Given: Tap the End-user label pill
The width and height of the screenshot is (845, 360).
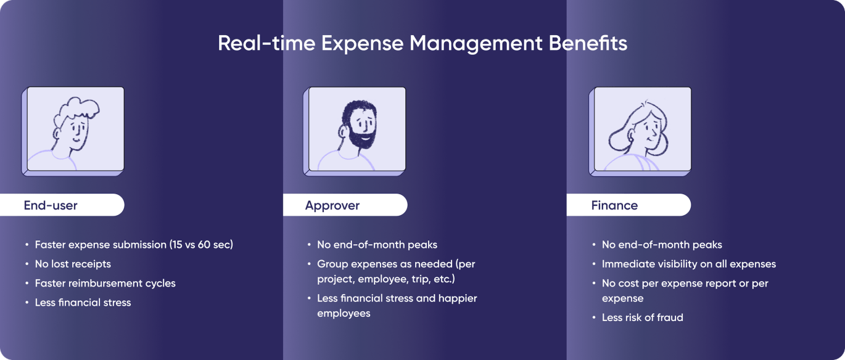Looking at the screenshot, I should coord(62,205).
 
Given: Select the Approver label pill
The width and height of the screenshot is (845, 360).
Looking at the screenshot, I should coord(345,205).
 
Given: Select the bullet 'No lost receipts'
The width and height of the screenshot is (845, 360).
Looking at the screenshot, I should coord(73,264).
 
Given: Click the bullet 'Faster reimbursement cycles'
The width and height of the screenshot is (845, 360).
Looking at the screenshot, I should coord(105,284).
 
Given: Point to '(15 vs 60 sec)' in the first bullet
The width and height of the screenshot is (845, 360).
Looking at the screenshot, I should coord(201,245).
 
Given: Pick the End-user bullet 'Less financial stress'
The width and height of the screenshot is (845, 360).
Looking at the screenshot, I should coord(83,303).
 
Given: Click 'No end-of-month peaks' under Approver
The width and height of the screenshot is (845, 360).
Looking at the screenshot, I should coord(377,245).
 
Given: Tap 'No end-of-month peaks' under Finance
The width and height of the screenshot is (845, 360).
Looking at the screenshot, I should coord(662,245).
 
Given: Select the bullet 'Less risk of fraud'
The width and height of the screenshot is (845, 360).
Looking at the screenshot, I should coord(642,317).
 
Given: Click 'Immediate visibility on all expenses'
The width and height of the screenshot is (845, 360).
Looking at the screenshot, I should coord(688,264).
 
